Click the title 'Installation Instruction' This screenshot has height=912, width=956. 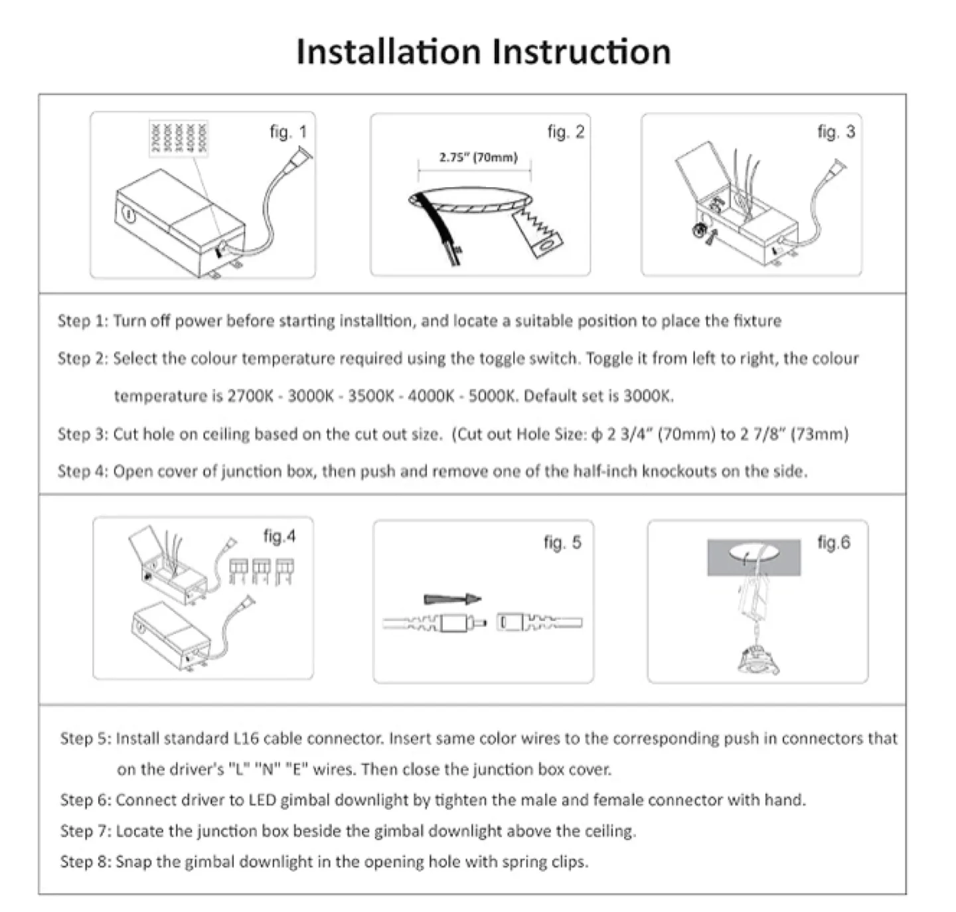click(x=483, y=52)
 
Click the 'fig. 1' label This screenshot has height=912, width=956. click(x=288, y=132)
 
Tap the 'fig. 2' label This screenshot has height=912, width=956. click(x=566, y=132)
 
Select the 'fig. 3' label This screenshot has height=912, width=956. click(x=836, y=132)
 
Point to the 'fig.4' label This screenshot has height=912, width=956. click(x=279, y=536)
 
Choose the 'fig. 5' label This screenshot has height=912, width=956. click(x=562, y=542)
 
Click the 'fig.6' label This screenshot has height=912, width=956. click(x=833, y=542)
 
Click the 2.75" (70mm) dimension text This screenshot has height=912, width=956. click(x=478, y=157)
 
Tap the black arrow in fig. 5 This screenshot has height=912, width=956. click(x=452, y=599)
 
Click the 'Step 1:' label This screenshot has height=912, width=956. click(x=82, y=321)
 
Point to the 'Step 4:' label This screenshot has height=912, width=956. click(x=82, y=471)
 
